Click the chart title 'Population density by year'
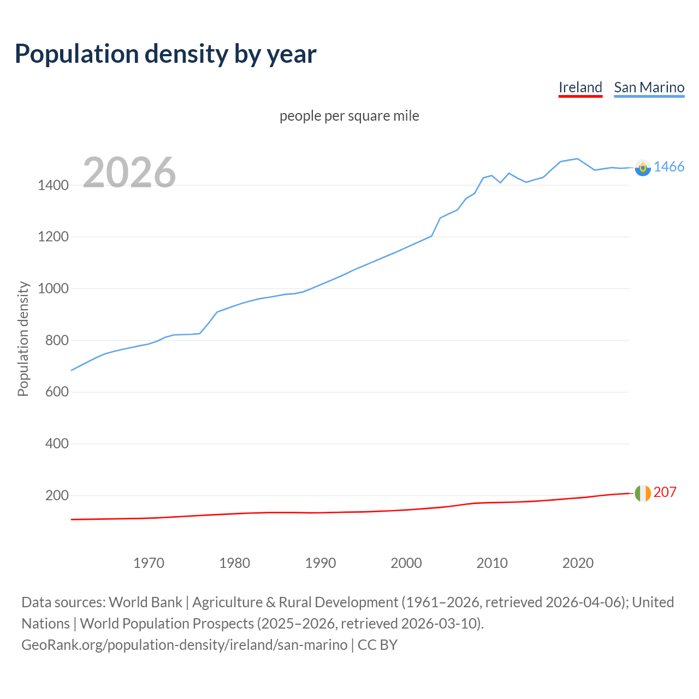click(x=165, y=54)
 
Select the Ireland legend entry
click(x=580, y=87)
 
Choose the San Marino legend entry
click(x=649, y=87)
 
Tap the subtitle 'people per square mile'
click(x=349, y=116)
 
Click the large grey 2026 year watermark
click(x=129, y=173)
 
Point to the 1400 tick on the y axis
click(x=53, y=185)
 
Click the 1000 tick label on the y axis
click(x=53, y=288)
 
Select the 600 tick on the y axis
click(x=57, y=392)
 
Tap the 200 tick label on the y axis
click(x=57, y=495)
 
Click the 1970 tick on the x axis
click(x=149, y=563)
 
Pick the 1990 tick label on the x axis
click(x=321, y=563)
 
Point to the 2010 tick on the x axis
click(x=492, y=563)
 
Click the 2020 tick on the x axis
click(x=578, y=563)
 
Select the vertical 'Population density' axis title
click(x=23, y=339)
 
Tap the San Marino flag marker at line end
click(x=643, y=168)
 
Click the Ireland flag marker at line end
click(x=643, y=493)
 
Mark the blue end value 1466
click(x=669, y=167)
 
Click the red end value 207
click(x=665, y=492)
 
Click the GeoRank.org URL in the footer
click(x=184, y=644)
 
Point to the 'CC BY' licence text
click(x=377, y=644)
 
